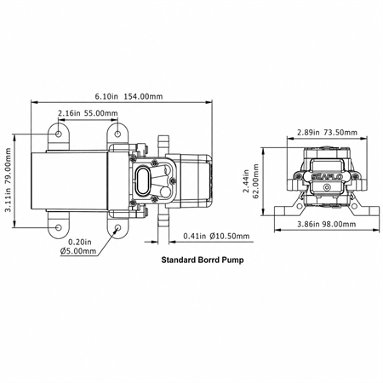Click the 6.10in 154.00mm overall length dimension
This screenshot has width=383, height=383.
click(x=129, y=96)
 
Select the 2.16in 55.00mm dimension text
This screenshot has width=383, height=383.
click(x=88, y=113)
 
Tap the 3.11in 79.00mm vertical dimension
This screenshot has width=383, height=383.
click(x=8, y=180)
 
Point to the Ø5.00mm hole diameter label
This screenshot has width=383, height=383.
click(x=78, y=251)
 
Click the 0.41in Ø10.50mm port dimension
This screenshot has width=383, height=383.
click(x=216, y=236)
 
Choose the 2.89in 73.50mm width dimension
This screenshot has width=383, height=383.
click(x=327, y=132)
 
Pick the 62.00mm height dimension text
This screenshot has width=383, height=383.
click(x=256, y=181)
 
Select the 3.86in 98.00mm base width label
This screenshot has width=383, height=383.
click(x=326, y=224)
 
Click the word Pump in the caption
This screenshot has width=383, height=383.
click(x=233, y=260)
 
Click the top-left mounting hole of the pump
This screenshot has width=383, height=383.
click(x=59, y=134)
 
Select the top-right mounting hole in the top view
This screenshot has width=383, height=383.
click(x=117, y=134)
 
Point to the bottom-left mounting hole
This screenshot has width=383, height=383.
click(x=59, y=227)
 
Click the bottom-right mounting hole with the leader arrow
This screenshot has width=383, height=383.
click(x=117, y=227)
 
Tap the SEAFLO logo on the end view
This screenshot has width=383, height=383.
click(x=327, y=176)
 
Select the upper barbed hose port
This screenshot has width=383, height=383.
click(x=163, y=145)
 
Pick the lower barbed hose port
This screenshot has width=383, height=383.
click(x=163, y=220)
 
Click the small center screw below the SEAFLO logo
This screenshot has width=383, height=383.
click(x=327, y=187)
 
